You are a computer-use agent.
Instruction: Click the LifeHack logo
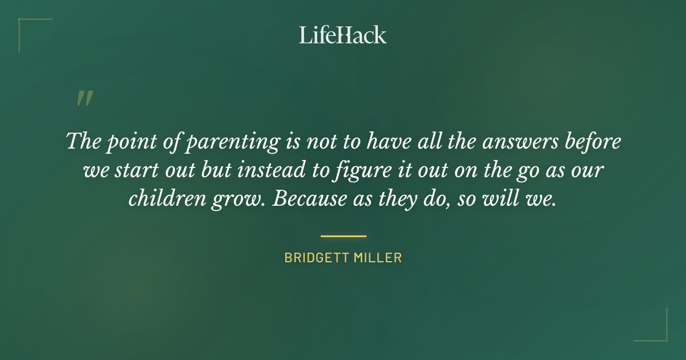pos(343,35)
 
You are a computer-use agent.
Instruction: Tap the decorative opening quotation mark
pos(84,98)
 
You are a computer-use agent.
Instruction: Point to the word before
pos(592,141)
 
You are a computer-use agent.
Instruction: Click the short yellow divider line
pos(343,235)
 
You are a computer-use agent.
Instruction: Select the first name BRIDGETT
pos(314,258)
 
